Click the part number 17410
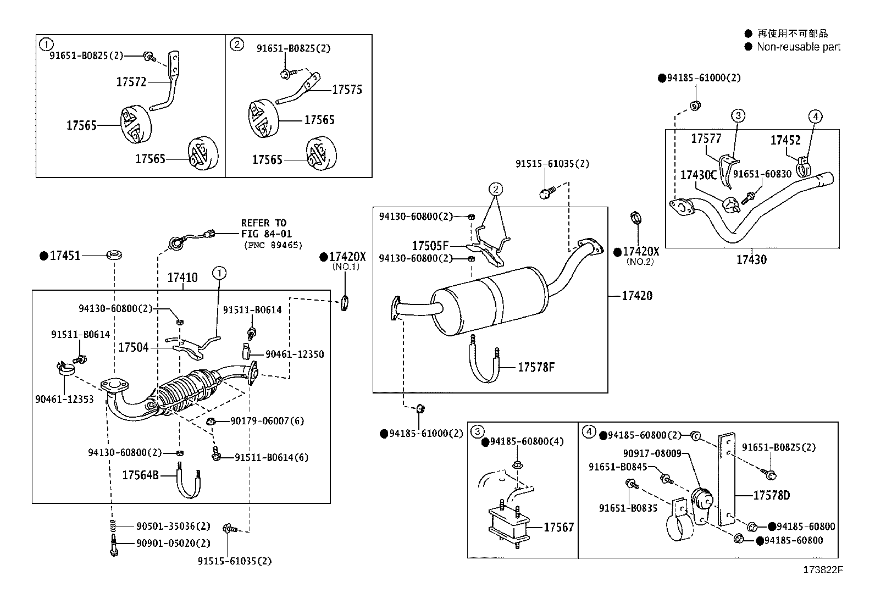[182, 278]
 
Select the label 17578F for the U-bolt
[536, 367]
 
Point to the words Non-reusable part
[798, 47]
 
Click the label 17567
[558, 527]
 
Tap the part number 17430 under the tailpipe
[751, 259]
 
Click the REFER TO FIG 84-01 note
[264, 228]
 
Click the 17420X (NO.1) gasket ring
[345, 302]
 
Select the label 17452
[785, 141]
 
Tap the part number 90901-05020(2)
[173, 543]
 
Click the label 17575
[347, 90]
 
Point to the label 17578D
[771, 495]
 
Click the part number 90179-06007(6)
[267, 421]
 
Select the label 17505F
[430, 246]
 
